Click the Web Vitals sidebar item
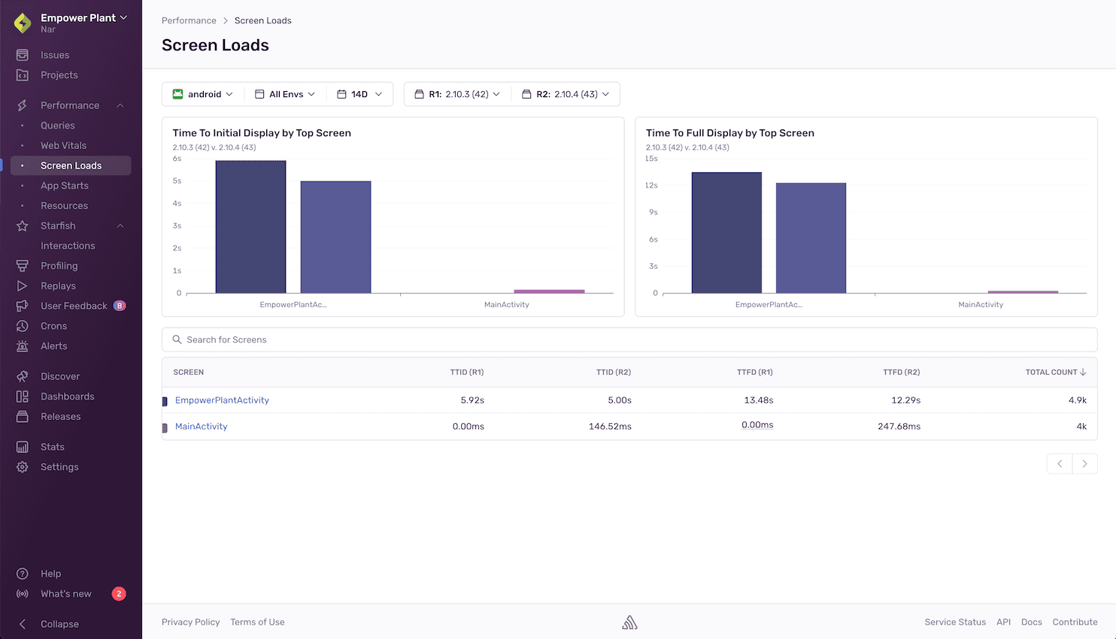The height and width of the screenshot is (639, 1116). (63, 145)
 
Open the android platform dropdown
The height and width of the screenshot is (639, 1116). (203, 94)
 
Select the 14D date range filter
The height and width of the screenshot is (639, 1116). (360, 94)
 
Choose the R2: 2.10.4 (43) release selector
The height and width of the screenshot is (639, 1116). (566, 94)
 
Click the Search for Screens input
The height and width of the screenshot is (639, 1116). (629, 339)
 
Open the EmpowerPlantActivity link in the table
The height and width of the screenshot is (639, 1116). (222, 400)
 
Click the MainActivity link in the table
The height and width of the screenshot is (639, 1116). (201, 426)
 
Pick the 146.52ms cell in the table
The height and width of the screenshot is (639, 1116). (610, 426)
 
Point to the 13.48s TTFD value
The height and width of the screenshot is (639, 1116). (758, 400)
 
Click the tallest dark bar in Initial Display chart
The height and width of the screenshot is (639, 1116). (250, 227)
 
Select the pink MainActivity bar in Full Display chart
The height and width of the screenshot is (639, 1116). (1023, 292)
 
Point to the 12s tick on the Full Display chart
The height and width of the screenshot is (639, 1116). (651, 185)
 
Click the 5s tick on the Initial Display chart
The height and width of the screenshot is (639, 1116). (177, 181)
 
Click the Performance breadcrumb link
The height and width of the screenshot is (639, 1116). (189, 20)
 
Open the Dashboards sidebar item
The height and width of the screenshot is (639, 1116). (67, 397)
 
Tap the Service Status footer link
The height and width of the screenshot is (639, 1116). (955, 622)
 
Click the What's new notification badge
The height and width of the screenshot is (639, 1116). (119, 594)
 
